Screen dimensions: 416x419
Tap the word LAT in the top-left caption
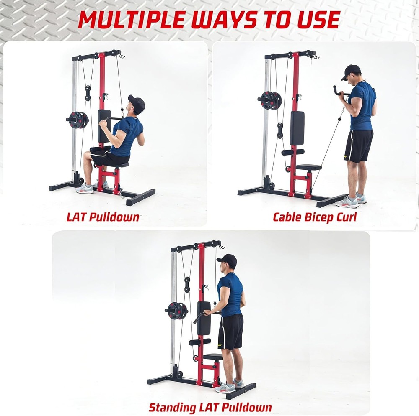point(78,217)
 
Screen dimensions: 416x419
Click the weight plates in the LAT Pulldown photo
point(78,120)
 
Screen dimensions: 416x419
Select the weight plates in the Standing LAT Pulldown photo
point(177,310)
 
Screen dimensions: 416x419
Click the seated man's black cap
point(137,102)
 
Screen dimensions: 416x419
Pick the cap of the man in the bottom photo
point(227,260)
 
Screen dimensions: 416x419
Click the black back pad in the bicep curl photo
point(297,128)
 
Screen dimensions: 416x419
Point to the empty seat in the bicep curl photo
point(309,167)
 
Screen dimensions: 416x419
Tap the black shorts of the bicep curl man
point(358,146)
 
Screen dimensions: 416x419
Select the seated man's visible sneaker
point(85,189)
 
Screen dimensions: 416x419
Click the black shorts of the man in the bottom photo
point(230,331)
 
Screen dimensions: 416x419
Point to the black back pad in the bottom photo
point(204,318)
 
